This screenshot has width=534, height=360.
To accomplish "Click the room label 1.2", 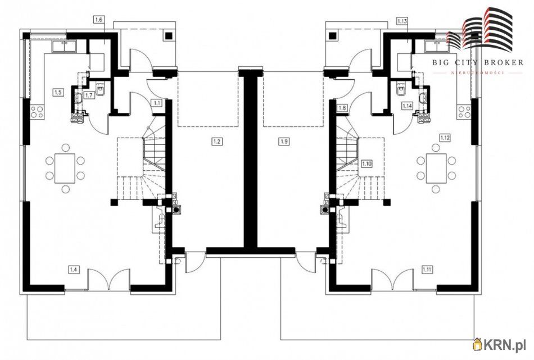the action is (217, 141).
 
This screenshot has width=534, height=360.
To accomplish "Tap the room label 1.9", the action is (284, 141).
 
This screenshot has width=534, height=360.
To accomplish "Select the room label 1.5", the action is (58, 92).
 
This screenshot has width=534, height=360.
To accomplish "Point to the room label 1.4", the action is (73, 270).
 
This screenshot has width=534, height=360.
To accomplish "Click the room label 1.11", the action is (427, 270).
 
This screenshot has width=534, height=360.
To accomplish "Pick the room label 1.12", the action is (445, 138).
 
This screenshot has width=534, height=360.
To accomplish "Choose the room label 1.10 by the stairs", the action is (367, 163).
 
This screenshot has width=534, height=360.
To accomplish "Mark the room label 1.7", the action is (89, 95).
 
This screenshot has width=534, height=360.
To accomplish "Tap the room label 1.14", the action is (408, 106).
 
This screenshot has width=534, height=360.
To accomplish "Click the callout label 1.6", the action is (98, 20).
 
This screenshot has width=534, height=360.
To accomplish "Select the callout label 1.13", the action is (402, 21).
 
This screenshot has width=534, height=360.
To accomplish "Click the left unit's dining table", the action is (65, 168).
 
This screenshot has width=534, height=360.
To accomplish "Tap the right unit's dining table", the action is (436, 168).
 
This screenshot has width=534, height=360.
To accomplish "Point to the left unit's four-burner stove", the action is (37, 112).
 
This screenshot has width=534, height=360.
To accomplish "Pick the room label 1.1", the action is (157, 102).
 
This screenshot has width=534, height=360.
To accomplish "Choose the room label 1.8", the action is (343, 108).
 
